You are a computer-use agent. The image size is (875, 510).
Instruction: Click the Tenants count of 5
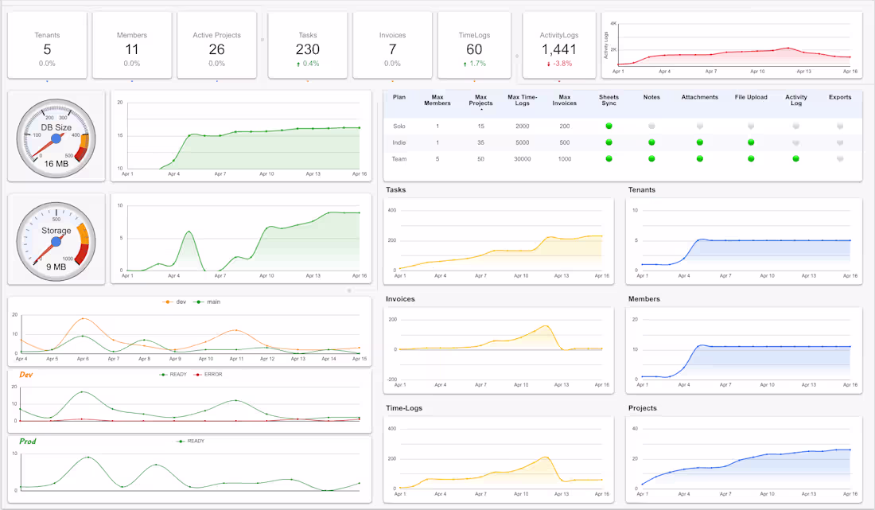click(x=47, y=49)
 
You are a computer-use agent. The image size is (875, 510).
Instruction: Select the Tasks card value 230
click(x=308, y=49)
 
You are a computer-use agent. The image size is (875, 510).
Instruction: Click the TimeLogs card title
click(x=474, y=35)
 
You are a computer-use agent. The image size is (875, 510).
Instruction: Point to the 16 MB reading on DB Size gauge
click(x=56, y=163)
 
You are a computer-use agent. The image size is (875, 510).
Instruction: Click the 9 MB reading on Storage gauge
click(x=56, y=267)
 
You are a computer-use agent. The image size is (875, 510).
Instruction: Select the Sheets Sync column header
click(x=609, y=101)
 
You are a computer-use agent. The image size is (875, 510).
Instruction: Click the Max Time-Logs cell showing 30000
click(x=522, y=158)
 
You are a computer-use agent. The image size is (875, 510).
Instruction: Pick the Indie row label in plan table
click(x=399, y=142)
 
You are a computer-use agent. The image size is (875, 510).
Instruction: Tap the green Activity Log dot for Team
click(x=796, y=158)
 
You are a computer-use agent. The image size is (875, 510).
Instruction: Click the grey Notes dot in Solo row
click(x=651, y=126)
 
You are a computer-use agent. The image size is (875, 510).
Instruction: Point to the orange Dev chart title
click(x=26, y=374)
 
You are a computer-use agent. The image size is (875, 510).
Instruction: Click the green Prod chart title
click(x=28, y=441)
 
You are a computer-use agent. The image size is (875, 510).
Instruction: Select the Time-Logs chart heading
click(x=404, y=408)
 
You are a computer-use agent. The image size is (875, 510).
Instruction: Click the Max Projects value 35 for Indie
click(x=480, y=142)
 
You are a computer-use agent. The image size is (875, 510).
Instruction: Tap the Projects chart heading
click(x=644, y=408)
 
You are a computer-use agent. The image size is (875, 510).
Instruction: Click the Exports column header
click(x=840, y=97)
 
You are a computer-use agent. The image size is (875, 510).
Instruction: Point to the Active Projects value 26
click(x=216, y=49)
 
